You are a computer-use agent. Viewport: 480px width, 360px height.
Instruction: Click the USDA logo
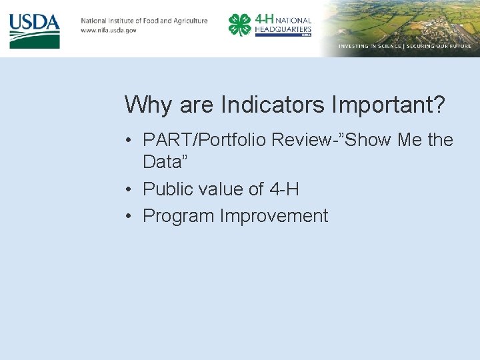click(35, 31)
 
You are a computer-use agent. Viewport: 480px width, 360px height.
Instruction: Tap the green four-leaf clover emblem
click(239, 25)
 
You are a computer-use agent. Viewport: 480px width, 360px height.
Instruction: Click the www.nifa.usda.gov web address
click(109, 31)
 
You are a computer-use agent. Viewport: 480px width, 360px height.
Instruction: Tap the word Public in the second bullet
click(167, 189)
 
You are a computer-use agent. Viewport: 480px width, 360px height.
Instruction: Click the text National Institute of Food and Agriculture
click(144, 21)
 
